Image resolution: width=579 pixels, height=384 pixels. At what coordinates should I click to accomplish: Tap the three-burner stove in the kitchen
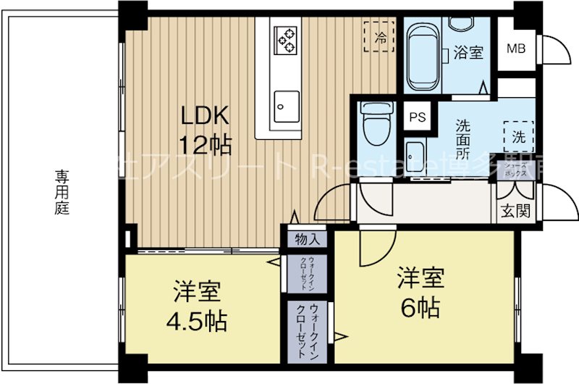point(286,38)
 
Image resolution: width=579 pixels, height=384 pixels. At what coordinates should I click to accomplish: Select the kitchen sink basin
point(287,107)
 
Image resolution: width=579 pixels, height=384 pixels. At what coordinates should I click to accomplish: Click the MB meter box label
point(515,49)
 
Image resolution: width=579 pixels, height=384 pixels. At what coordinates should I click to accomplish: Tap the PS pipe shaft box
point(418,117)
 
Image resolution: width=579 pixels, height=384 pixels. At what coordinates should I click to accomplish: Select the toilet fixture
point(376,123)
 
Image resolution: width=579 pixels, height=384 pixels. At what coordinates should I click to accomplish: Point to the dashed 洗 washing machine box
point(518,134)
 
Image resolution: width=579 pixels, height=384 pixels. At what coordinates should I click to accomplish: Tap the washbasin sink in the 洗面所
point(416,154)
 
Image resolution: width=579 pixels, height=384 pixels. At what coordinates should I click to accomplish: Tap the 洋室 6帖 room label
point(420,293)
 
